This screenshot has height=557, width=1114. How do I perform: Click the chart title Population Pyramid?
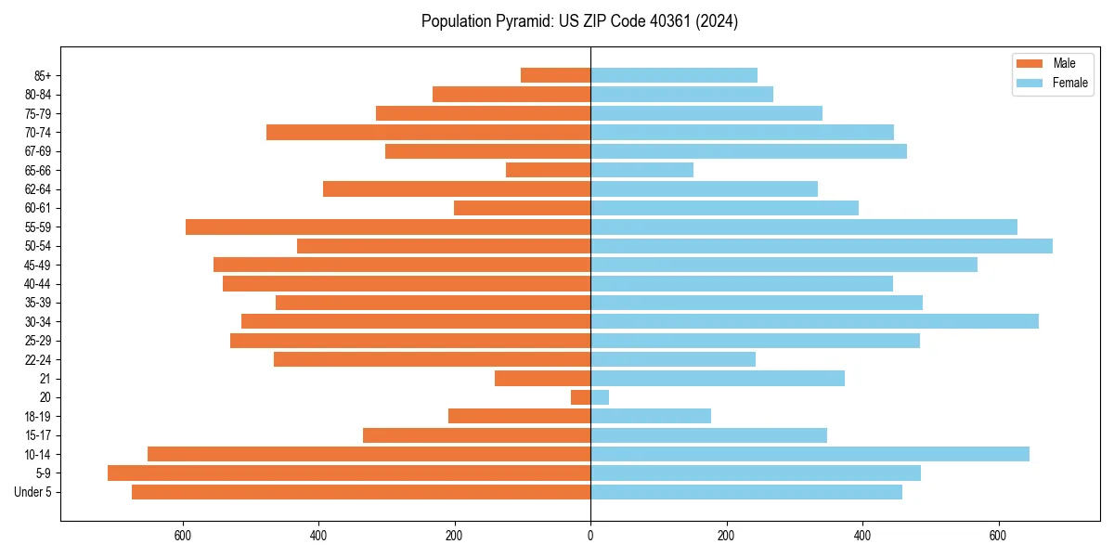(579, 21)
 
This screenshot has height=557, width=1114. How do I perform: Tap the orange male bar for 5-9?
(349, 473)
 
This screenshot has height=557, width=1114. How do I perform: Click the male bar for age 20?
(580, 397)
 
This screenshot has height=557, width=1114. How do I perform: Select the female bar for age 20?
(600, 397)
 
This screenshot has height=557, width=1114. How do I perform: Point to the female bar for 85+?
(674, 75)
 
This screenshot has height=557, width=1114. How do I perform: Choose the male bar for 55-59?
(388, 227)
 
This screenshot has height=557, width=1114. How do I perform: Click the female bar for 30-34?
(814, 321)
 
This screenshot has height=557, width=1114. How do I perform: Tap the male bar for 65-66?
(548, 170)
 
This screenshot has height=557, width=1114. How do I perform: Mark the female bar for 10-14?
(810, 454)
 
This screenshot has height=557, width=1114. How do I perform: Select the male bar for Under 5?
(361, 492)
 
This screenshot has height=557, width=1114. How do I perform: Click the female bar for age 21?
(718, 378)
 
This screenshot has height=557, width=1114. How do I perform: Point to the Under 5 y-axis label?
(32, 492)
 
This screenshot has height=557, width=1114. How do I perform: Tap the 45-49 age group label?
(38, 265)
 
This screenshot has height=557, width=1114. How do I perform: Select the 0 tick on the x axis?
(590, 536)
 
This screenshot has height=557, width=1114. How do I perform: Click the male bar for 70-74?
(428, 132)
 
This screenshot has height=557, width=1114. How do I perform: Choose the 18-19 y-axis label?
(38, 416)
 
